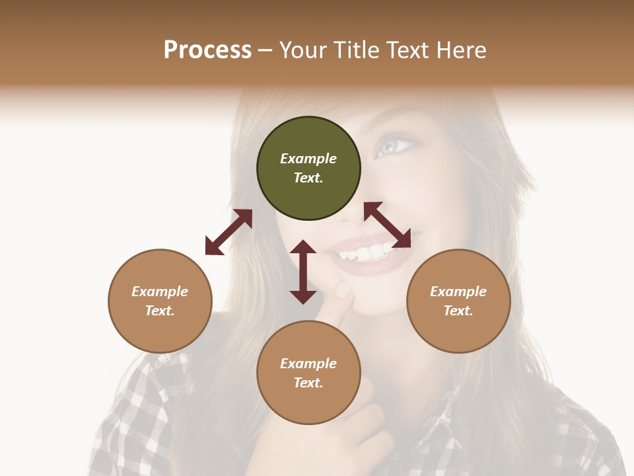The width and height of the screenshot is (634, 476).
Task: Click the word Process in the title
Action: tap(207, 50)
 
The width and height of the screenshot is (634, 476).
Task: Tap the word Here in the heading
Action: tap(462, 50)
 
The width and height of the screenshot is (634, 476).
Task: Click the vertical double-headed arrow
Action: tap(303, 272)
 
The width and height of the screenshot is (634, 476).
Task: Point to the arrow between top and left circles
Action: tap(229, 231)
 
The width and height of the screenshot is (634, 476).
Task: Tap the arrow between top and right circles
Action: tap(388, 225)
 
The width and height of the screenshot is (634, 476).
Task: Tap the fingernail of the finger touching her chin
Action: tap(342, 290)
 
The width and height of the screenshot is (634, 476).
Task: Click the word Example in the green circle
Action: tap(308, 159)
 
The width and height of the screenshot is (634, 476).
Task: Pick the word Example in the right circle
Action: tap(458, 292)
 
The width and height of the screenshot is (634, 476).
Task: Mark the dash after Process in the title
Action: tap(265, 50)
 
